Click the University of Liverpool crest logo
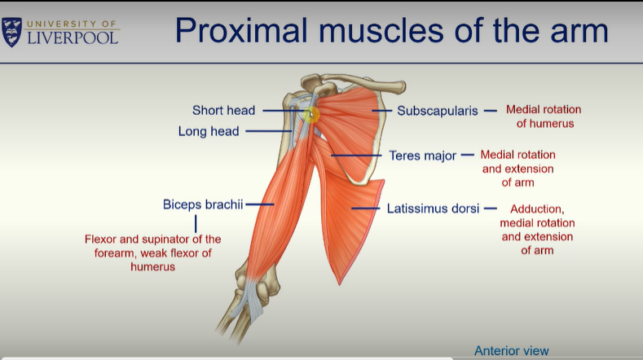pyautogui.click(x=12, y=32)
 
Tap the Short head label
pyautogui.click(x=223, y=110)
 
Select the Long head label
pyautogui.click(x=209, y=130)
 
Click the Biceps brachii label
pyautogui.click(x=203, y=204)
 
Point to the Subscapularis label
pyautogui.click(x=437, y=110)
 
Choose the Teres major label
pyautogui.click(x=422, y=155)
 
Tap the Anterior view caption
pyautogui.click(x=512, y=351)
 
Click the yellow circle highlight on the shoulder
pyautogui.click(x=310, y=115)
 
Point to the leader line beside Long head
pyautogui.click(x=267, y=130)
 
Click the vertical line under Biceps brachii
pyautogui.click(x=196, y=222)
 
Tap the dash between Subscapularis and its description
pyautogui.click(x=490, y=110)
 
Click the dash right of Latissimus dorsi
pyautogui.click(x=490, y=208)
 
